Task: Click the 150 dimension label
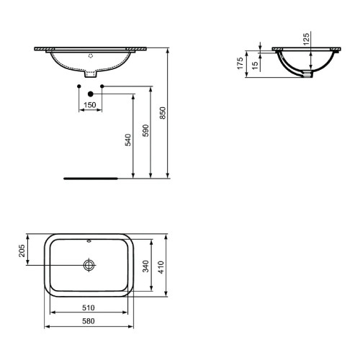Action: click(90, 104)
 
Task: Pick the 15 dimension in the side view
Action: click(256, 64)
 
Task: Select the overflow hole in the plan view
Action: click(89, 240)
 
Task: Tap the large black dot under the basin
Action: click(90, 94)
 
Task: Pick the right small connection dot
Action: click(103, 86)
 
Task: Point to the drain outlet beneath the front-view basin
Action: click(90, 73)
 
